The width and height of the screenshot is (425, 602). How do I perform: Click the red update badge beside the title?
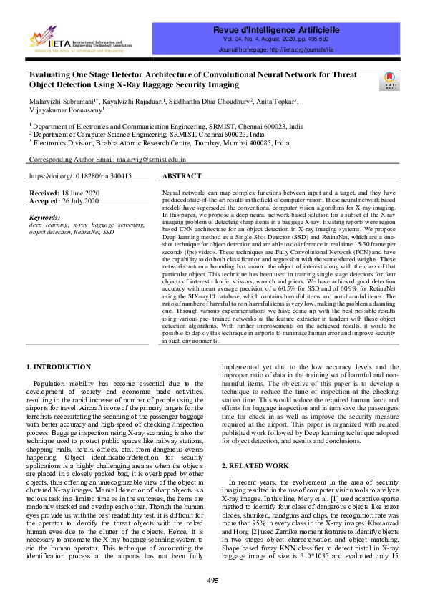point(389,80)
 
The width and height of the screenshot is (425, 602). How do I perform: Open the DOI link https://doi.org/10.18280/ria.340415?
point(79,175)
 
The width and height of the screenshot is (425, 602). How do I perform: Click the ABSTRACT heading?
point(182,175)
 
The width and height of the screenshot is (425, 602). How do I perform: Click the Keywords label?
point(45,216)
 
